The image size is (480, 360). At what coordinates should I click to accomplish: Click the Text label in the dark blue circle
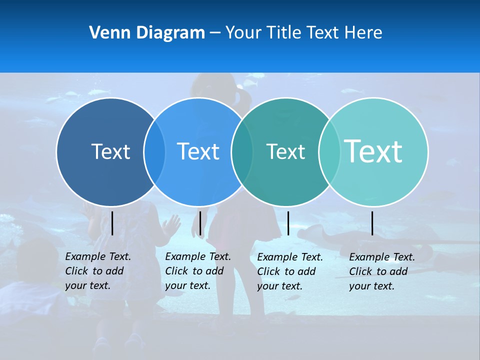tap(110, 151)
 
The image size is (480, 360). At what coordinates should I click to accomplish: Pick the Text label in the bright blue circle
tap(198, 151)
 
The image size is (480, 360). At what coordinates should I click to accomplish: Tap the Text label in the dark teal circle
tap(285, 151)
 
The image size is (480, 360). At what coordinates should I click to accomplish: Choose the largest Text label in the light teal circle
tap(373, 151)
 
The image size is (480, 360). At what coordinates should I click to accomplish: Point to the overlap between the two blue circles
tap(154, 152)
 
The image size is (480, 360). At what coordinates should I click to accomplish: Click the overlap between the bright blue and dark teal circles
tap(242, 152)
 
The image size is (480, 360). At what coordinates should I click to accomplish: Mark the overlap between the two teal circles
tap(329, 152)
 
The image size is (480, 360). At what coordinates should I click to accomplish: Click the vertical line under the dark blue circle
tap(112, 223)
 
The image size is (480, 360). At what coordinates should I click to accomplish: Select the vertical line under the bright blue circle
tap(200, 223)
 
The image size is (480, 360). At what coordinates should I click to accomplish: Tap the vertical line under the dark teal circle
tap(288, 223)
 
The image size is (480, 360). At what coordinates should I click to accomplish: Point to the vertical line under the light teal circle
tap(372, 223)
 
